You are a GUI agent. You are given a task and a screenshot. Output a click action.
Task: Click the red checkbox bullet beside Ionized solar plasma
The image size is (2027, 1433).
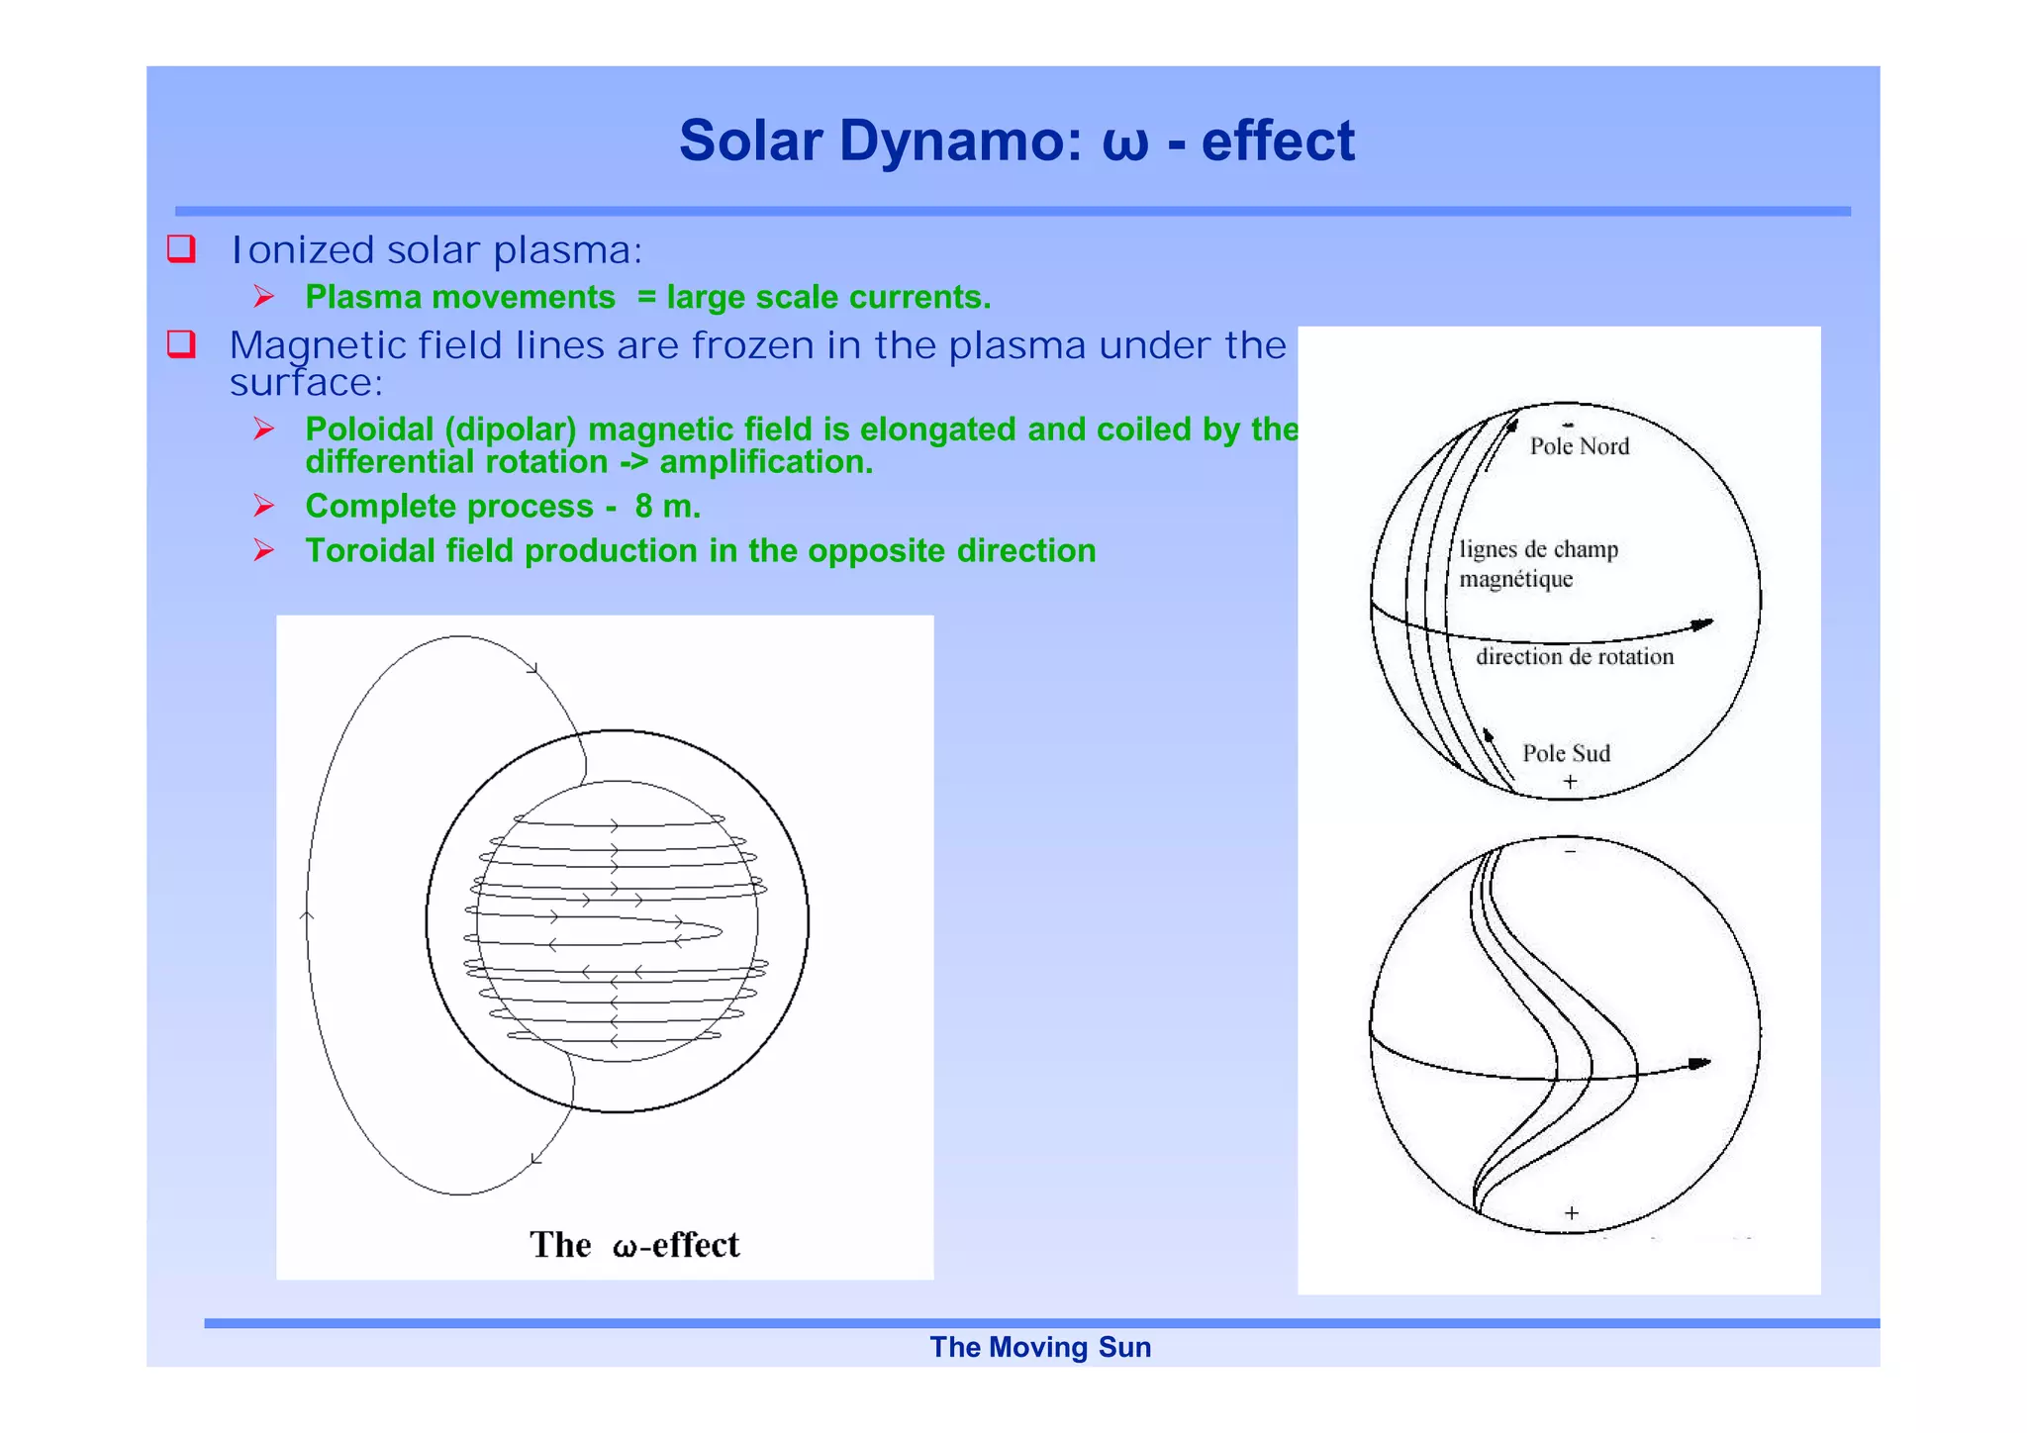tap(181, 248)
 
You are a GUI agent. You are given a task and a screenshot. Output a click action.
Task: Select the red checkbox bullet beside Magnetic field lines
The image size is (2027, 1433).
tap(181, 344)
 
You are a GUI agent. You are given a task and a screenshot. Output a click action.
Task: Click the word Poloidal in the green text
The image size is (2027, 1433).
tap(369, 430)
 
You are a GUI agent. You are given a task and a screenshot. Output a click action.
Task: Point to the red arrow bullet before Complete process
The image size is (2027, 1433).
tap(263, 507)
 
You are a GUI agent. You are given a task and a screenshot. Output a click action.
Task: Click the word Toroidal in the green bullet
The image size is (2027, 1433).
tap(369, 551)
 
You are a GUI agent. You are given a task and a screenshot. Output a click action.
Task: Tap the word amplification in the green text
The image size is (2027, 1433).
tap(765, 462)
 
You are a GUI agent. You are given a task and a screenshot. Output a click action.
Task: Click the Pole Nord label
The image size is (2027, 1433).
tap(1579, 446)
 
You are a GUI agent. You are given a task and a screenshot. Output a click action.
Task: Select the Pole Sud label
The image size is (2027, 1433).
tap(1566, 754)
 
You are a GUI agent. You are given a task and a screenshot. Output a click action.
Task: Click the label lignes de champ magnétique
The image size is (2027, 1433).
tap(1537, 564)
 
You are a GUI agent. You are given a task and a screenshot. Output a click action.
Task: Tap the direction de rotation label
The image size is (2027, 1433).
tap(1574, 657)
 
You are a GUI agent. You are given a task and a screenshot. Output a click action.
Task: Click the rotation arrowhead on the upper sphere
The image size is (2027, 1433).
tap(1701, 624)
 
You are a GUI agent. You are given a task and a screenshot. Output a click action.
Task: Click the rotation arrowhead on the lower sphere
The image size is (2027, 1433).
tap(1698, 1064)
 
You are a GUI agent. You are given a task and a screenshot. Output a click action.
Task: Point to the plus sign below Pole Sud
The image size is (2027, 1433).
tap(1570, 782)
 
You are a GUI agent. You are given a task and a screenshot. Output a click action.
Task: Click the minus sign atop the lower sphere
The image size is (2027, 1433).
tap(1570, 851)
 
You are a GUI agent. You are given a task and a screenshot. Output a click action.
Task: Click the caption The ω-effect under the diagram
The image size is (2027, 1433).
tap(633, 1245)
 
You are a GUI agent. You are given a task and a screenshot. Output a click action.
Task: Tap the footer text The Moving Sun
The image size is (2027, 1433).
tap(1039, 1348)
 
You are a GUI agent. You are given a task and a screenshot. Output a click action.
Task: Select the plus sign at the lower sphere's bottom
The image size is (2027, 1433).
tap(1571, 1213)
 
